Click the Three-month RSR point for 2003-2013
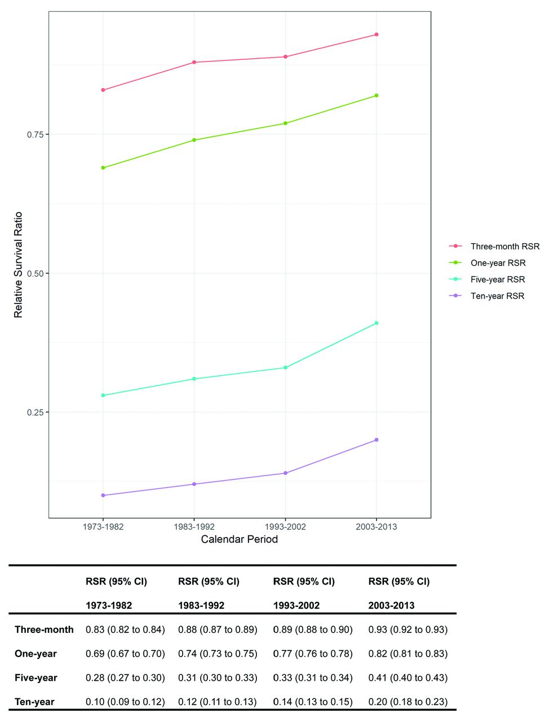(376, 34)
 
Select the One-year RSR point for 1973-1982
(103, 168)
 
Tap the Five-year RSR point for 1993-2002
(285, 367)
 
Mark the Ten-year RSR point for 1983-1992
(194, 484)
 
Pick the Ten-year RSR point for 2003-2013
(376, 439)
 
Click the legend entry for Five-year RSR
(497, 279)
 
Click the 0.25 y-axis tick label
(35, 412)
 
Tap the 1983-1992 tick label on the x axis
(194, 527)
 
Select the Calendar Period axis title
(240, 539)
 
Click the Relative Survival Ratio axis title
(19, 265)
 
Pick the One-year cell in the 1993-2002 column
(313, 654)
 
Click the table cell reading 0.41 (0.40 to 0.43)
(408, 678)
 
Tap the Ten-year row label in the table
(34, 702)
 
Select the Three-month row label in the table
(44, 629)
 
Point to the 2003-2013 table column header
(391, 605)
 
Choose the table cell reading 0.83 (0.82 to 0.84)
(125, 629)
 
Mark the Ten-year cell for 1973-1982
(125, 702)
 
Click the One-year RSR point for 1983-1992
(194, 140)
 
